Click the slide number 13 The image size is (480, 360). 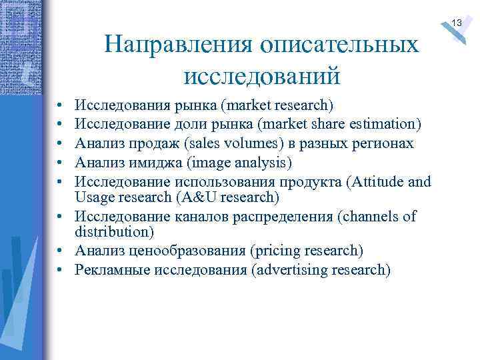click(457, 23)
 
